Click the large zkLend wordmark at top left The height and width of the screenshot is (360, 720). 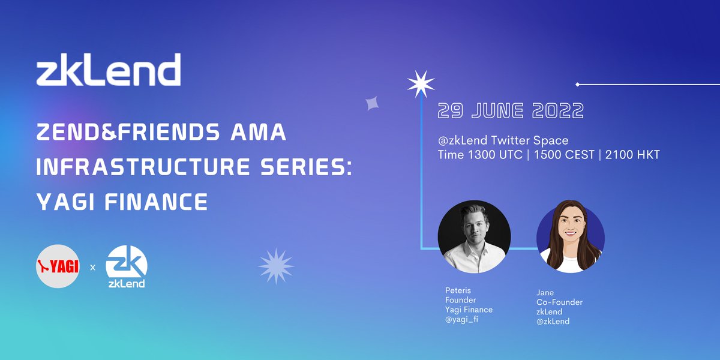pos(108,70)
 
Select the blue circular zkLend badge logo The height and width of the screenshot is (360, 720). pos(127,266)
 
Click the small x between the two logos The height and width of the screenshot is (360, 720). pos(92,267)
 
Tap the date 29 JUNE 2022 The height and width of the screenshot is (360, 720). pos(511,111)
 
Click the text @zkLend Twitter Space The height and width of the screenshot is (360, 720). pos(503,140)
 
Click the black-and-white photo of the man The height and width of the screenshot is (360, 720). pos(474,236)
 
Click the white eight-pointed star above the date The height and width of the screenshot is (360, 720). pos(420,84)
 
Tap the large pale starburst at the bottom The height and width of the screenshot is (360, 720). pos(276,266)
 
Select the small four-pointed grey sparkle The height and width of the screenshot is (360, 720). pos(372,104)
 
